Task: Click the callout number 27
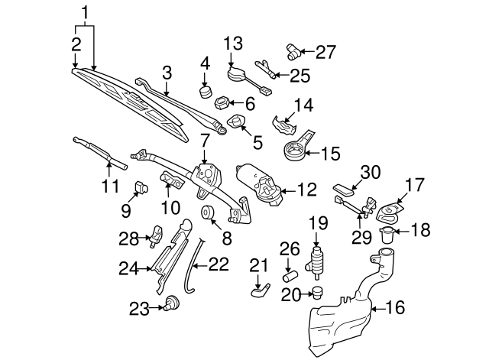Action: click(x=325, y=53)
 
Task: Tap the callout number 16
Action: click(x=395, y=308)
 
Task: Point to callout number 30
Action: click(x=369, y=173)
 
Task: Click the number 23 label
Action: click(x=138, y=308)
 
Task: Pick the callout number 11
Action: click(x=112, y=186)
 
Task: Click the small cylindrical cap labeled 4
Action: click(x=205, y=92)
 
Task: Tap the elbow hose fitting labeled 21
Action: click(x=260, y=289)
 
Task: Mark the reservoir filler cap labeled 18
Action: click(x=387, y=235)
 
